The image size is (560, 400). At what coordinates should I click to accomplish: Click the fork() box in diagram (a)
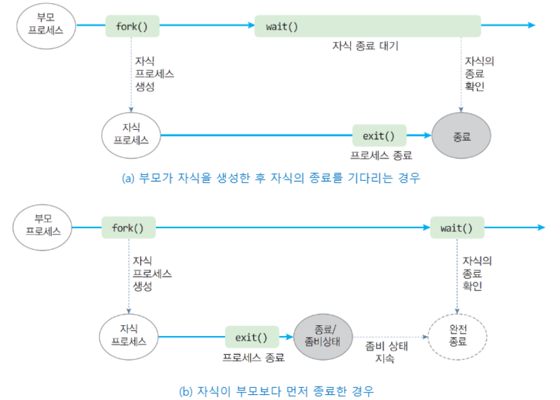click(x=132, y=27)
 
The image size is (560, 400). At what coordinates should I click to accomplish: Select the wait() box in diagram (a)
click(x=368, y=27)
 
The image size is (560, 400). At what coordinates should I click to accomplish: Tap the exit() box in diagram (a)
click(x=379, y=135)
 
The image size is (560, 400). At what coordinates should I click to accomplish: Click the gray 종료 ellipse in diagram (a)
click(x=461, y=136)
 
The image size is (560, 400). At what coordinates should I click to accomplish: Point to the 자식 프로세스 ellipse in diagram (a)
click(x=131, y=135)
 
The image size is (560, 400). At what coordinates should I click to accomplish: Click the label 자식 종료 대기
click(x=365, y=47)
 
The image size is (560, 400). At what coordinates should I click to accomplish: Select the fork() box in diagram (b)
click(x=128, y=227)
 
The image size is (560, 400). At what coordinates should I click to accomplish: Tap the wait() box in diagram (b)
click(x=456, y=227)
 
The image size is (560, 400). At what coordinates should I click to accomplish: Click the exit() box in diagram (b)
click(x=251, y=337)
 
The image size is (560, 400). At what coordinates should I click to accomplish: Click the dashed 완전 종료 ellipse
click(x=458, y=336)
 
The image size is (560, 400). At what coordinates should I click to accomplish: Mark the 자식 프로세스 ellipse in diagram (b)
click(x=128, y=336)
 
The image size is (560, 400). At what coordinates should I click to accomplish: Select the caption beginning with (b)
click(x=276, y=390)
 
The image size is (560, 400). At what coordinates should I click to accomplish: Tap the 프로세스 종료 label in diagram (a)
click(x=381, y=155)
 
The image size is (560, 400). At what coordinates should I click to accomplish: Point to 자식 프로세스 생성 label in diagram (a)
click(x=154, y=74)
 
